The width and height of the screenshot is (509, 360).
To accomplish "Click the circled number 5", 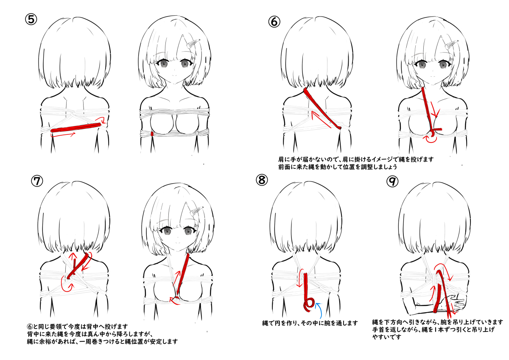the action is pos(31,20).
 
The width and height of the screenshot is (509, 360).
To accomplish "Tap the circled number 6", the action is pos(274,22).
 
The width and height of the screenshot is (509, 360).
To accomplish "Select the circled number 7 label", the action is pos(37,181).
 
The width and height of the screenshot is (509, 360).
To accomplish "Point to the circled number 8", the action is pos(262,180).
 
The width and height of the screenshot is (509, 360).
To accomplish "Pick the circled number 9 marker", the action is pos(392,181).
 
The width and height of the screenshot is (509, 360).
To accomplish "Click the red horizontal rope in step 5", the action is pos(76,128).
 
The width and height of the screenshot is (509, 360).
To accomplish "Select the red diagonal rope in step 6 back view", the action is pos(322,109).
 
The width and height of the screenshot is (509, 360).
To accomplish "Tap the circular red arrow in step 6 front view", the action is pos(431,139).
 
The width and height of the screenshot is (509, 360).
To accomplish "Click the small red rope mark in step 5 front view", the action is pos(152,134).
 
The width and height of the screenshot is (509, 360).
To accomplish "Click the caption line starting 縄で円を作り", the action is pos(310,323).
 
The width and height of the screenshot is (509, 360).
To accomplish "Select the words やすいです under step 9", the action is pos(387,337).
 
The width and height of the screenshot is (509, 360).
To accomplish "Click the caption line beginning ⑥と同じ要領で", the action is pos(78,327).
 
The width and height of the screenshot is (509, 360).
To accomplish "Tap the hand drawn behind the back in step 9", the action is pos(453,304).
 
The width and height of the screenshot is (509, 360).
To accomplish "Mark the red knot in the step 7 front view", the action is pos(176,299).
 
